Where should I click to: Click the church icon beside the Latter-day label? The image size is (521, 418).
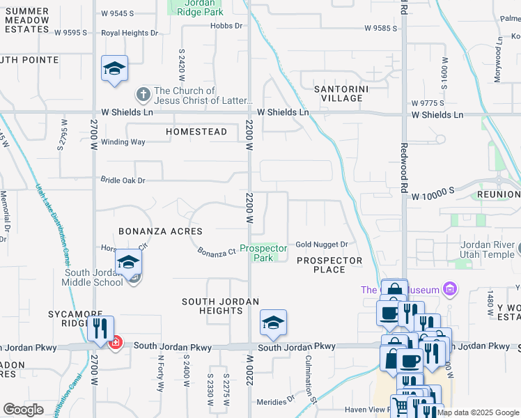[143, 93]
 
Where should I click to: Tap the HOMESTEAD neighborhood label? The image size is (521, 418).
[196, 132]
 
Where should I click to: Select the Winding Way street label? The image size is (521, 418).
[123, 142]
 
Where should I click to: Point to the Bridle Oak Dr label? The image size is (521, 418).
[122, 180]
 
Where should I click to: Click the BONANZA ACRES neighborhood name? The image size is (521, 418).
[160, 231]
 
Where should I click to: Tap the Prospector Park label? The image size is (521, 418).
[263, 253]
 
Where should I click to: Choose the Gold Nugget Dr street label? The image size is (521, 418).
[321, 245]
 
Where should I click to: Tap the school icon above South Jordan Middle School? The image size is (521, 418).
[128, 263]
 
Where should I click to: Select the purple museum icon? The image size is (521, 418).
[450, 288]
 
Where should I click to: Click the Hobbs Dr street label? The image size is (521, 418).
[226, 26]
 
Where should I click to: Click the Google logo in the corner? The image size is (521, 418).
[23, 410]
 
